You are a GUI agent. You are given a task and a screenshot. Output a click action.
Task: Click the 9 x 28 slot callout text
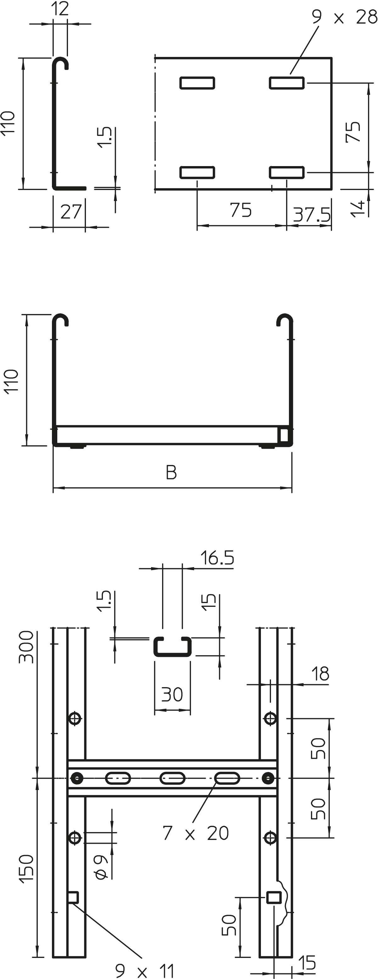(344, 17)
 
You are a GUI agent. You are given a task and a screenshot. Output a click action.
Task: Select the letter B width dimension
(171, 473)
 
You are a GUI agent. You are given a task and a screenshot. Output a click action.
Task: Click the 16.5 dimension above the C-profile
(217, 558)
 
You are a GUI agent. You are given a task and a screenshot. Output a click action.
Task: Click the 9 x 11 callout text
(144, 971)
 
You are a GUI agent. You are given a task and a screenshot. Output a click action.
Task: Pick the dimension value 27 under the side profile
(71, 212)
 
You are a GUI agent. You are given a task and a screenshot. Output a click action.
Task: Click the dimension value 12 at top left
(60, 9)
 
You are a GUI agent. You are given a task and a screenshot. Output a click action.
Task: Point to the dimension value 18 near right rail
(320, 674)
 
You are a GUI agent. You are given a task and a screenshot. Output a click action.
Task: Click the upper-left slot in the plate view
(197, 83)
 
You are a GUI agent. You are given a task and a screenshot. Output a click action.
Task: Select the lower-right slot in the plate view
(287, 172)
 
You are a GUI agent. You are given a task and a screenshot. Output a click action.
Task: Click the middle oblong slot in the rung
(172, 778)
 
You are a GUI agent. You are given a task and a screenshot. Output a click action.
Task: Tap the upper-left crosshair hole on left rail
(75, 718)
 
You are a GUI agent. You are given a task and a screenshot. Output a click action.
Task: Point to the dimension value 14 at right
(358, 209)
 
